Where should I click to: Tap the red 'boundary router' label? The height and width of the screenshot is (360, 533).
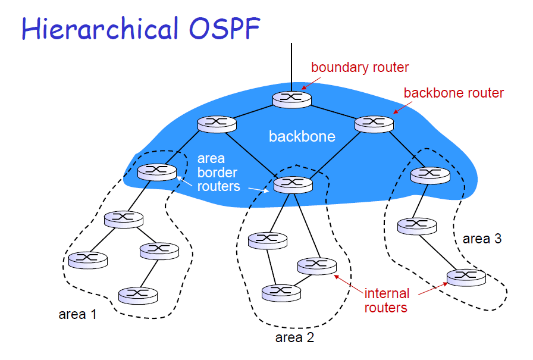click(x=360, y=67)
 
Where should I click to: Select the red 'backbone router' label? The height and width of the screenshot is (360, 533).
click(x=453, y=93)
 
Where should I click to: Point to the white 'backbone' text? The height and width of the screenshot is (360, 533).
click(x=302, y=136)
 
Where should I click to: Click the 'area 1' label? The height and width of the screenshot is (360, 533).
click(x=77, y=314)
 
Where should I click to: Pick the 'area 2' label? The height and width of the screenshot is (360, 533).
click(x=294, y=337)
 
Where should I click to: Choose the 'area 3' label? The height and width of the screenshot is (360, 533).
click(x=482, y=239)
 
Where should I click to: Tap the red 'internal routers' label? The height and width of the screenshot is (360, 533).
click(x=387, y=300)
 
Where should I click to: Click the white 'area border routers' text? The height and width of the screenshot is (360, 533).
click(x=218, y=173)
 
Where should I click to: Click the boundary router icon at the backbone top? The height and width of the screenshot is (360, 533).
click(x=292, y=99)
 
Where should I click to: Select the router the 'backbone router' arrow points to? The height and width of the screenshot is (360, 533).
click(x=374, y=124)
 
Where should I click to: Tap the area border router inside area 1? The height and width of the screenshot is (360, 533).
click(x=157, y=172)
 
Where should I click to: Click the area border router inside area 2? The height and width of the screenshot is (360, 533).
click(x=293, y=184)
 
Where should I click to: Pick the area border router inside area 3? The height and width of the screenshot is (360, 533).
click(x=430, y=176)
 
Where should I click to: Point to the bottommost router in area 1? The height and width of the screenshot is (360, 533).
click(x=138, y=295)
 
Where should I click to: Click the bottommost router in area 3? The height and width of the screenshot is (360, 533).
click(x=466, y=277)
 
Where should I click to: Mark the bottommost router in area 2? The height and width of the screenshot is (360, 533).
click(x=281, y=293)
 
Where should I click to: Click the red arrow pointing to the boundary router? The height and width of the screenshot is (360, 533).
click(x=311, y=83)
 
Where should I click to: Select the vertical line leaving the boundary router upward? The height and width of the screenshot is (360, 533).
click(x=291, y=67)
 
